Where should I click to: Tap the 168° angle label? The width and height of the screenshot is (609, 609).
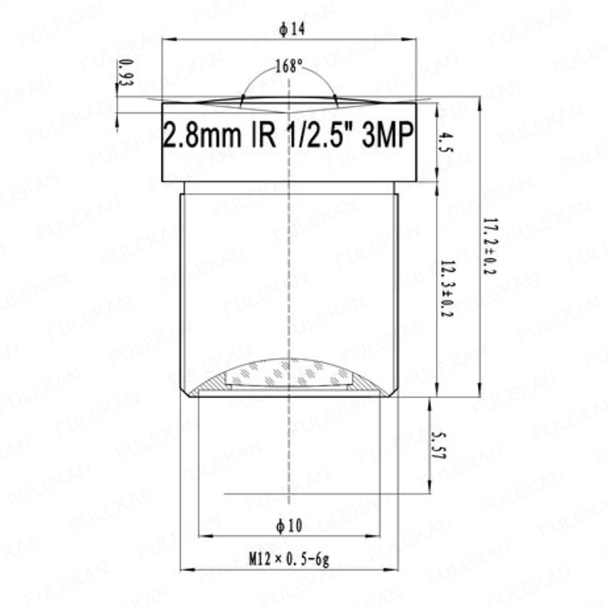289,66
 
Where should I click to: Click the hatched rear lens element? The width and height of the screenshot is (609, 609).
289,375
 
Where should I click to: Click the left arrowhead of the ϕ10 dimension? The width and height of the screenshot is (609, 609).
203,537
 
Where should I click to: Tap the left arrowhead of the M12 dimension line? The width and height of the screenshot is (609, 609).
184,570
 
